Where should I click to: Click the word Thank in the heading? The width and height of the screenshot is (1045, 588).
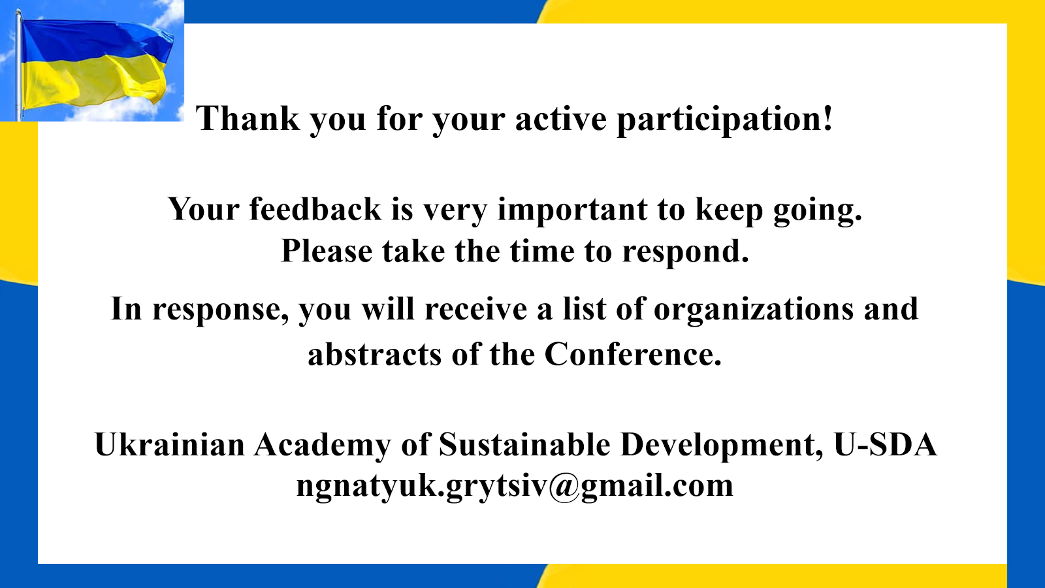248,118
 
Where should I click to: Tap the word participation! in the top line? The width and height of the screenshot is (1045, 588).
724,120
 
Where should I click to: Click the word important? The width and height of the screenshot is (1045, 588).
572,210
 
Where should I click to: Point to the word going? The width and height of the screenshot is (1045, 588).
818,212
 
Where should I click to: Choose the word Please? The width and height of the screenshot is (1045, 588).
327,251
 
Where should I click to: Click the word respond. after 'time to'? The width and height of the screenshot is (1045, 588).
686,253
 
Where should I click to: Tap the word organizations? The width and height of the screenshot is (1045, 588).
754,310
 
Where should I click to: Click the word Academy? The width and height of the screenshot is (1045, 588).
323,445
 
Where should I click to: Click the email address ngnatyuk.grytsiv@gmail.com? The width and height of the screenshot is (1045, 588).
515,487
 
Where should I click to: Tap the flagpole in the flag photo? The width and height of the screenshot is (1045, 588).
19,65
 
